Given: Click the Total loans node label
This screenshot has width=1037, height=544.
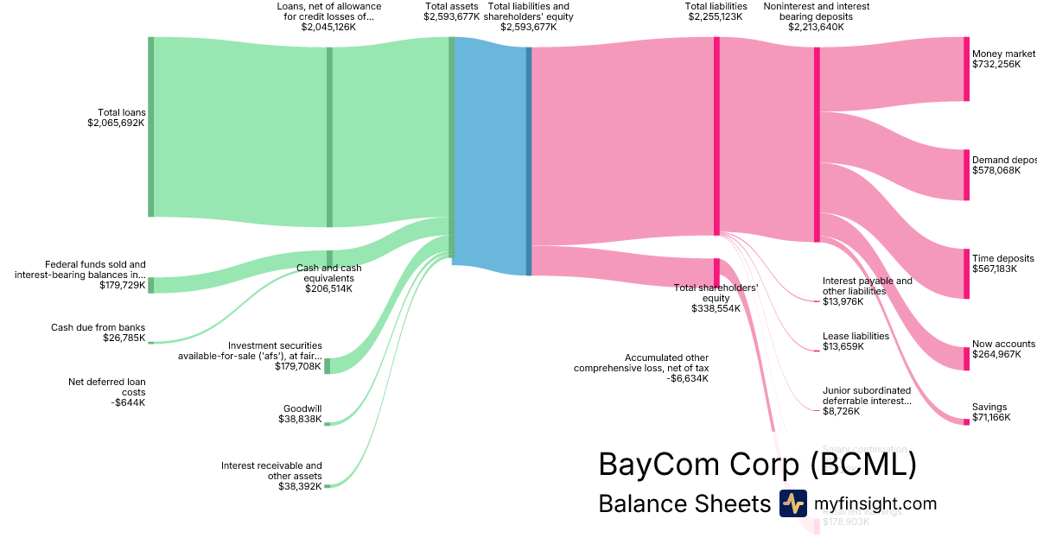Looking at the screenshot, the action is (x=121, y=112).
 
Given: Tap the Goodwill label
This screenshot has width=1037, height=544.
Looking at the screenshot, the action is (x=302, y=409).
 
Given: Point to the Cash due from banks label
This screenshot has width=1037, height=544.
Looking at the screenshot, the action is (x=98, y=327).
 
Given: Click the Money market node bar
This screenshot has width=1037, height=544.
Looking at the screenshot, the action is (x=966, y=69).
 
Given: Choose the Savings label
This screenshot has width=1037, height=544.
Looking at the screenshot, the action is (x=989, y=407).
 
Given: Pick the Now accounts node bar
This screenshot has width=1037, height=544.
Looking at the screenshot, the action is (x=966, y=358).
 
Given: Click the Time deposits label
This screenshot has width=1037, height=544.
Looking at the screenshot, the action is (x=1002, y=258).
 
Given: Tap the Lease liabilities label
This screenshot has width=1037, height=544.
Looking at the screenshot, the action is (x=856, y=336).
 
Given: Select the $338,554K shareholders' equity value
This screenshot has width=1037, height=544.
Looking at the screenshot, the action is (x=716, y=308).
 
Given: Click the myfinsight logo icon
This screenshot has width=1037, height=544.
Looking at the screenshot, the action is (x=792, y=503).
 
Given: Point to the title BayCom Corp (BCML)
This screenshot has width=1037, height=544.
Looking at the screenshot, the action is (x=757, y=465).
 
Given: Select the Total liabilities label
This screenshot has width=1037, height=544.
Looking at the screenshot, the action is (x=716, y=6).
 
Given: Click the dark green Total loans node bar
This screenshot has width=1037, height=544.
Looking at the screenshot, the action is (x=150, y=127).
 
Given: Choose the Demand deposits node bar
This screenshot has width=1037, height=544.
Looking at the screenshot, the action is (x=966, y=175).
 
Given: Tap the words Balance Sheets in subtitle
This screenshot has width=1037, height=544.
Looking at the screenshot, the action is (x=684, y=503).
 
